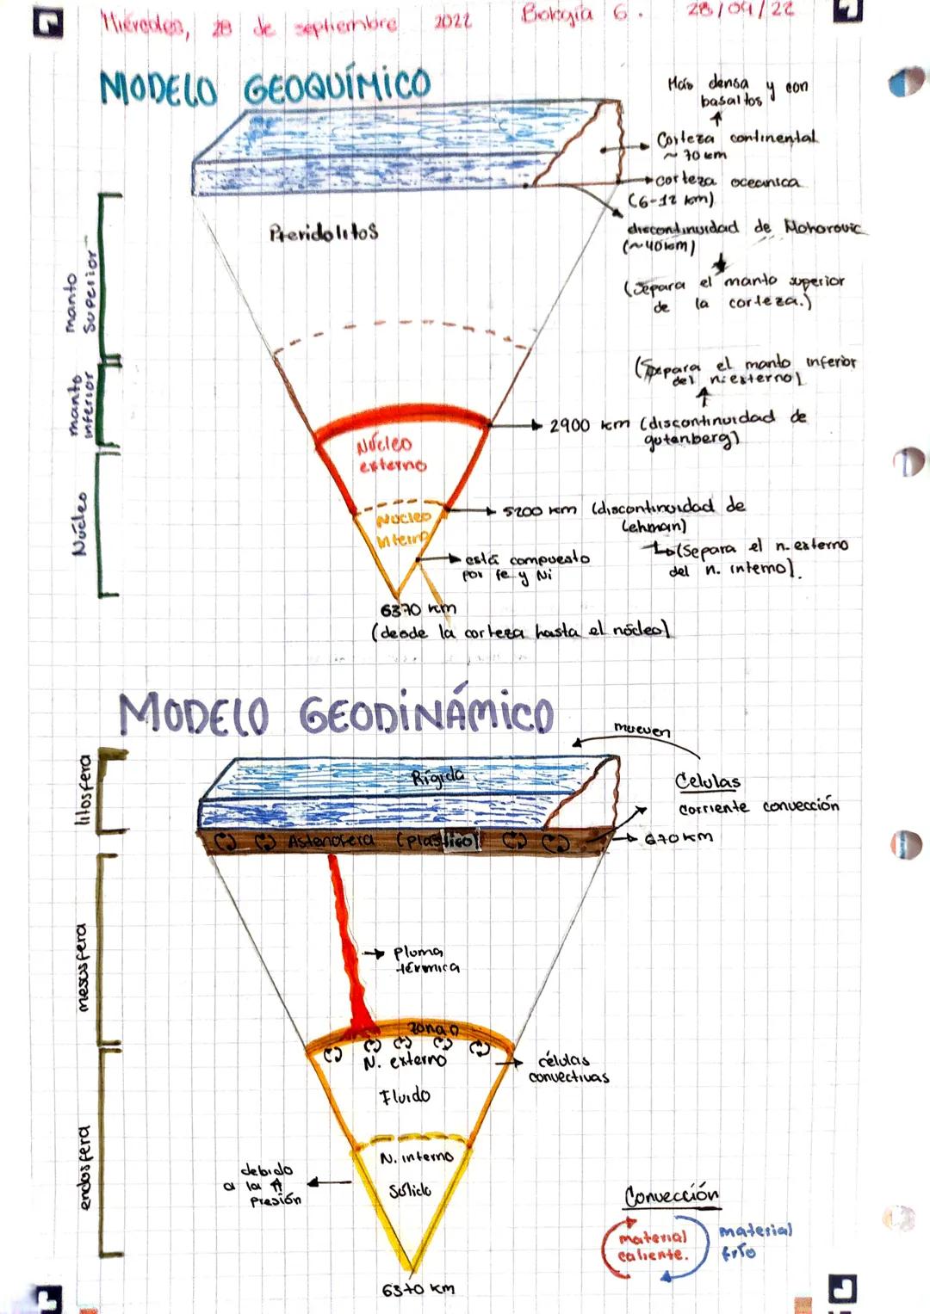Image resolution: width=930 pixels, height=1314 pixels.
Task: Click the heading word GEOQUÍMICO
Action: click(x=337, y=86)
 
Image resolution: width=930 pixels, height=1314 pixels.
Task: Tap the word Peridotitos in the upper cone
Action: click(x=324, y=232)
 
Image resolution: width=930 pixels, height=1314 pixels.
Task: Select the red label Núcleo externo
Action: click(x=392, y=454)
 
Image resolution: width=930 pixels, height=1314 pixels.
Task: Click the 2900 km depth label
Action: click(x=589, y=425)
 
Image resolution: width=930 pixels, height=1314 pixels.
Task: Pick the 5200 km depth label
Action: click(x=539, y=510)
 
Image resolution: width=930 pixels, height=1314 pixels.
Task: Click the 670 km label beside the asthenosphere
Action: click(x=679, y=837)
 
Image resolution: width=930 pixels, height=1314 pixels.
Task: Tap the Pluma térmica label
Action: click(x=426, y=959)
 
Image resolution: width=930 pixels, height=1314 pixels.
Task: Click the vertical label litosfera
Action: click(x=84, y=790)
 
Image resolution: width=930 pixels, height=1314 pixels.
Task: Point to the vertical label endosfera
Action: click(x=84, y=1167)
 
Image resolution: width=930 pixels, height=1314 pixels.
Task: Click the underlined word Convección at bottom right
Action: click(x=672, y=1195)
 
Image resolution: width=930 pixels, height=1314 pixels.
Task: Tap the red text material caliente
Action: click(x=653, y=1246)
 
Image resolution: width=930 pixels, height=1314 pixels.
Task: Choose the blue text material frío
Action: click(x=754, y=1241)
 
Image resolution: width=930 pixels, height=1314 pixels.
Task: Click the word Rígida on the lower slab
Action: click(x=437, y=777)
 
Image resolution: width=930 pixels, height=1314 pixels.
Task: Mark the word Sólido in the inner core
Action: click(x=410, y=1191)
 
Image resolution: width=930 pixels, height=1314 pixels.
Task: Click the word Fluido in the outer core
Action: click(x=405, y=1096)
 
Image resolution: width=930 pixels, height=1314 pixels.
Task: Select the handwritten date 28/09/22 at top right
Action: click(x=741, y=10)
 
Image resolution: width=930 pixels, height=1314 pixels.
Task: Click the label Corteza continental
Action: click(x=736, y=139)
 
